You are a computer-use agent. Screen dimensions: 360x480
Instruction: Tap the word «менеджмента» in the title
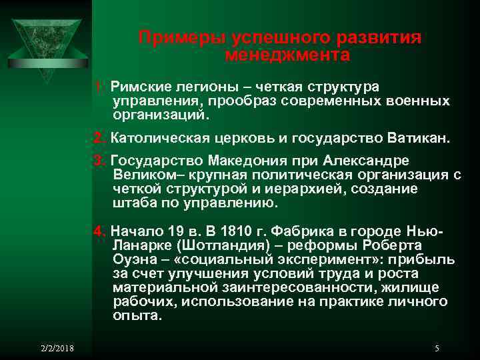coord(287,55)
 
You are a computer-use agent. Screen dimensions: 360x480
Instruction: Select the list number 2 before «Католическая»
coord(100,139)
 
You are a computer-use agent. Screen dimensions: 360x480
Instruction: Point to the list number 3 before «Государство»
coord(100,161)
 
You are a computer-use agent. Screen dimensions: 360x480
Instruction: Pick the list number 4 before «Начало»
coord(100,231)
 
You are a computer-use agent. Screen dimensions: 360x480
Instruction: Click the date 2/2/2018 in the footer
coord(58,348)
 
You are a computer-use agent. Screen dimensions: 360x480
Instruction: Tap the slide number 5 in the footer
coord(436,348)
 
